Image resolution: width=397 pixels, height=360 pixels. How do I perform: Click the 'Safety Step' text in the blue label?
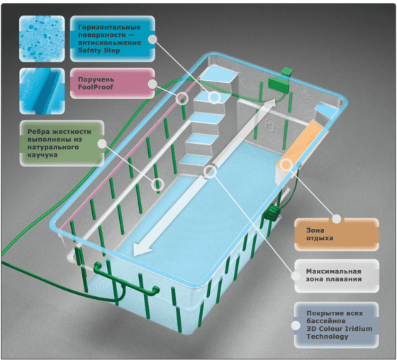99,50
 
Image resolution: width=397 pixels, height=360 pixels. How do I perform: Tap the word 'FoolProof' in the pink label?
96,87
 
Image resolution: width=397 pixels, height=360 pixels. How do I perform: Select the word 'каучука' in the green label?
43,154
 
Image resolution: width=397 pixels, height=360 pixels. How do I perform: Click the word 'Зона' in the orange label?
315,230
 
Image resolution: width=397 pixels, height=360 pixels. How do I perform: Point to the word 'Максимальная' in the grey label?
333,271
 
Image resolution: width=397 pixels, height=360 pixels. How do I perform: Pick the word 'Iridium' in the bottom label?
358,329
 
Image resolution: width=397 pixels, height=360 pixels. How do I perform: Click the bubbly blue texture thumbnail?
42,39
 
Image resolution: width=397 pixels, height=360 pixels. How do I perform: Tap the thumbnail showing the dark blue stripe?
42,91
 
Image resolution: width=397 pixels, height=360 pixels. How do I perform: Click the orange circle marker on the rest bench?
286,165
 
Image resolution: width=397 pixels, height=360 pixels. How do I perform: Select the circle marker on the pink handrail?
182,99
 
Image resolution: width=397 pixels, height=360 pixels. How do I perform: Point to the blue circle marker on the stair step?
214,97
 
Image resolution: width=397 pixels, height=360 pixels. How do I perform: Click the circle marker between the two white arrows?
210,171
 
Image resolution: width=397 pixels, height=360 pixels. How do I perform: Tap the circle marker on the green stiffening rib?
157,184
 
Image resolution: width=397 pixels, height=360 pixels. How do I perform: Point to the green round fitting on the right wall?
272,212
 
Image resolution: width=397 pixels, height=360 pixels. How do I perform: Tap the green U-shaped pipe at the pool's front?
125,282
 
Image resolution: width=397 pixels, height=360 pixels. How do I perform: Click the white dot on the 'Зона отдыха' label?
337,219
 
